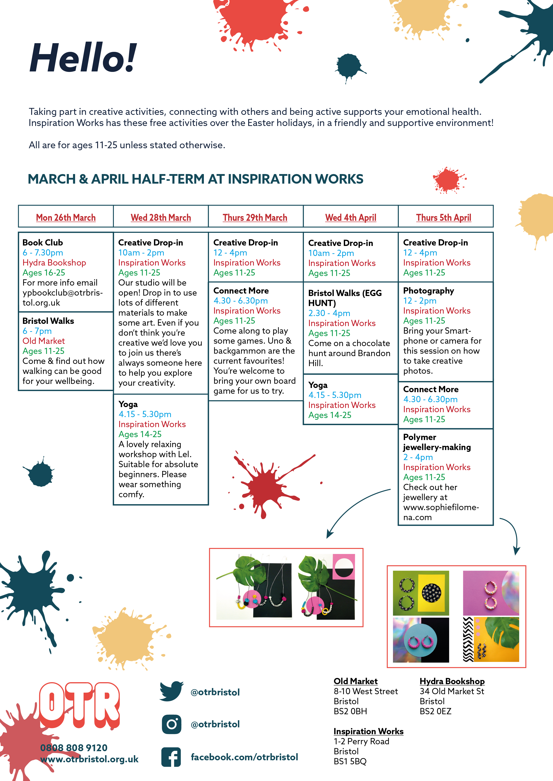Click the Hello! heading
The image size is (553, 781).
[83, 58]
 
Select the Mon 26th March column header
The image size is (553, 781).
[66, 217]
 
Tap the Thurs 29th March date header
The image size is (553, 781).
[255, 217]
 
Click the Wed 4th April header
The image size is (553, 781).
[351, 217]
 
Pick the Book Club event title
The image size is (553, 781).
[43, 243]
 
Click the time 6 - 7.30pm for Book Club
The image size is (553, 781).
[43, 253]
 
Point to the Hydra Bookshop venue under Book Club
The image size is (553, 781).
[54, 263]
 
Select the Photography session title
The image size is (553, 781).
[428, 291]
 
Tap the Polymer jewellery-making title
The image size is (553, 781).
[437, 442]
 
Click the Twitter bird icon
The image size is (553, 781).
[171, 691]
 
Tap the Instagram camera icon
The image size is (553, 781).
[172, 724]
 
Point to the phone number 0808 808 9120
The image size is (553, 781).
[74, 748]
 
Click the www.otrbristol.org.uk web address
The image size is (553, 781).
[89, 759]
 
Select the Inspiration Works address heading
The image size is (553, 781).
[369, 731]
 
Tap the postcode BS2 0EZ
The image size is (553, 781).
[436, 711]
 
